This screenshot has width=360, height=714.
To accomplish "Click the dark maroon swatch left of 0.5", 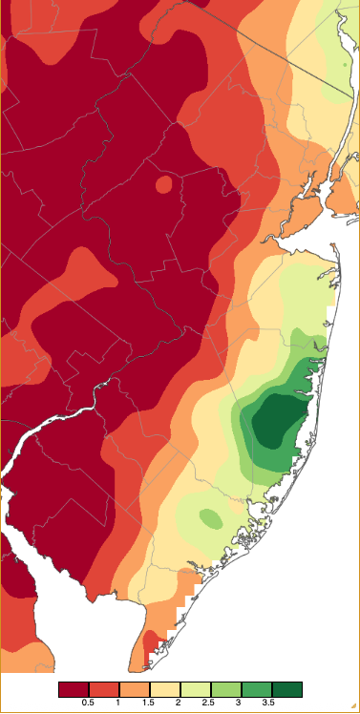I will point(74,689).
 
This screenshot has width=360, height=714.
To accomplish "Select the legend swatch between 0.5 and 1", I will point(104,689).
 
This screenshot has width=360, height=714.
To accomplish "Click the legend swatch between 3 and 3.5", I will point(257,689).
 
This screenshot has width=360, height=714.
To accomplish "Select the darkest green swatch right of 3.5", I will point(287,689).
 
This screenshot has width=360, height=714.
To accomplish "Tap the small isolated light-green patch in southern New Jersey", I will point(210,518).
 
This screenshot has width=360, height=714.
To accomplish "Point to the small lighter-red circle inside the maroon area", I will point(163,183).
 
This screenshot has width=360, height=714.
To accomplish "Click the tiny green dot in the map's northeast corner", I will point(343,65).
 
